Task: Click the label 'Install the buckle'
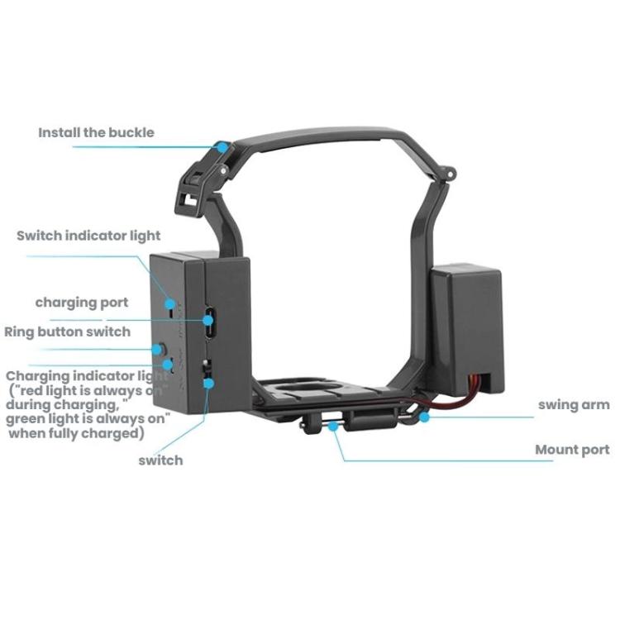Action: pyautogui.click(x=96, y=132)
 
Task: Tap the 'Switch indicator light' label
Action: pyautogui.click(x=88, y=236)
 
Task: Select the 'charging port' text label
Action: pyautogui.click(x=82, y=303)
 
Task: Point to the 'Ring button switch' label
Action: pyautogui.click(x=67, y=331)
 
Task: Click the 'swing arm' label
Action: pyautogui.click(x=574, y=405)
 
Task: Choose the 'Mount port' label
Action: pyautogui.click(x=572, y=450)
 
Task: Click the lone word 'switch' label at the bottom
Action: pyautogui.click(x=160, y=460)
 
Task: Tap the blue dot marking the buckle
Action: pyautogui.click(x=223, y=147)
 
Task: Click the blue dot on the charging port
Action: pyautogui.click(x=208, y=320)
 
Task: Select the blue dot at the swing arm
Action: pyautogui.click(x=424, y=417)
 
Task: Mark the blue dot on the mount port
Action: pyautogui.click(x=333, y=426)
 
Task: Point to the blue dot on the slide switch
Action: pyautogui.click(x=209, y=383)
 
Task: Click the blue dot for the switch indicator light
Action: pyautogui.click(x=170, y=303)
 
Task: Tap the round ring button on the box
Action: pyautogui.click(x=159, y=350)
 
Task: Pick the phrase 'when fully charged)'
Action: pyautogui.click(x=76, y=433)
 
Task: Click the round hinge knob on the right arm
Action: pyautogui.click(x=450, y=174)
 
